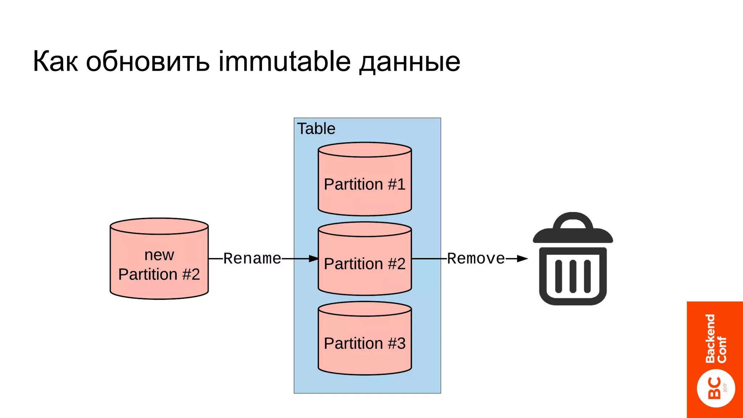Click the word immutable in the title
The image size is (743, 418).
[284, 61]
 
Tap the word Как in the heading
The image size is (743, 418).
[55, 61]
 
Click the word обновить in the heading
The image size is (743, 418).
[148, 61]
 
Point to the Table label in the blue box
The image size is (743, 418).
[316, 129]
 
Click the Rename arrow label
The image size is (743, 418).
[252, 259]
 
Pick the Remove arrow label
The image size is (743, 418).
[476, 259]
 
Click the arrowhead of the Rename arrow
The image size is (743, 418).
[313, 259]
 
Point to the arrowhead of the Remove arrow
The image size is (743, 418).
[522, 259]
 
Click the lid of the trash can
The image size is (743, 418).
[572, 236]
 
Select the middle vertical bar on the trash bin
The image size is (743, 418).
[573, 276]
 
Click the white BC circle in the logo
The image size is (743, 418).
[716, 388]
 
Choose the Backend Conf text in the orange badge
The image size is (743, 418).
[715, 339]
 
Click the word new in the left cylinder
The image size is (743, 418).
[159, 255]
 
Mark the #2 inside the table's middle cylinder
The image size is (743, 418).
[397, 264]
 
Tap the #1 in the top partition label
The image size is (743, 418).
[397, 184]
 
